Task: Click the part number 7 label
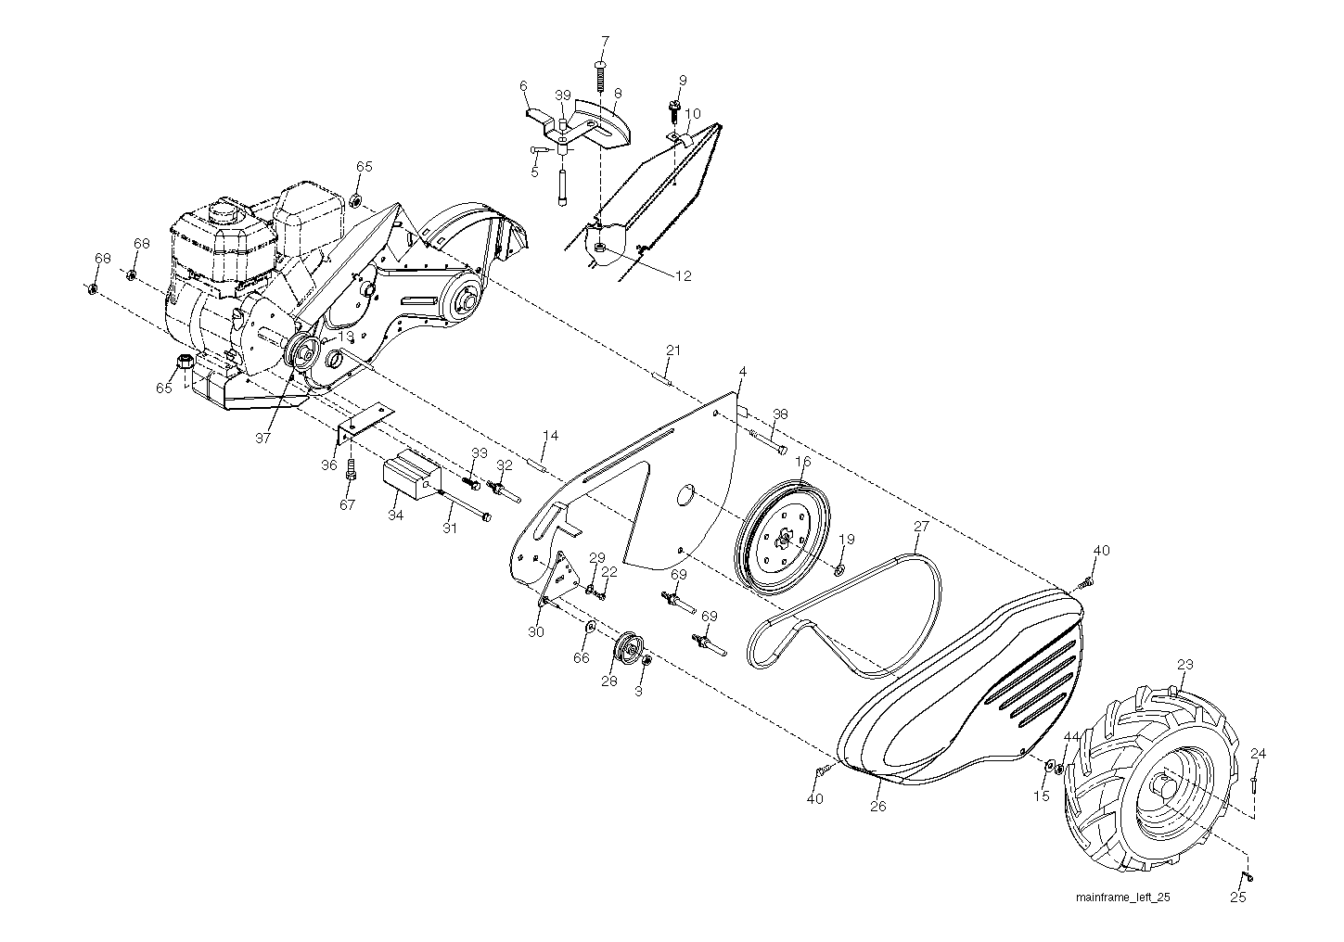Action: tap(605, 42)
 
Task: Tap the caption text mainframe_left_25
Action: tap(1122, 897)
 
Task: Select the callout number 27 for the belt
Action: tap(921, 526)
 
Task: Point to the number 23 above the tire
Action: tap(1185, 665)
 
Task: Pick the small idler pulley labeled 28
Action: tap(630, 647)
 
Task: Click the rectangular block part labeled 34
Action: tap(412, 474)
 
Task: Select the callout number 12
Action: tap(684, 275)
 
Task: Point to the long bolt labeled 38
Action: tap(767, 440)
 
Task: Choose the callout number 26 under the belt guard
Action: tap(877, 807)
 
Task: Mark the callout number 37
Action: tap(262, 438)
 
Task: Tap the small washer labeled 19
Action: tap(839, 567)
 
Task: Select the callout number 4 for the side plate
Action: tap(742, 372)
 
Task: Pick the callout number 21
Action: tap(673, 350)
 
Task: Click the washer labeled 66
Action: tap(590, 627)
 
